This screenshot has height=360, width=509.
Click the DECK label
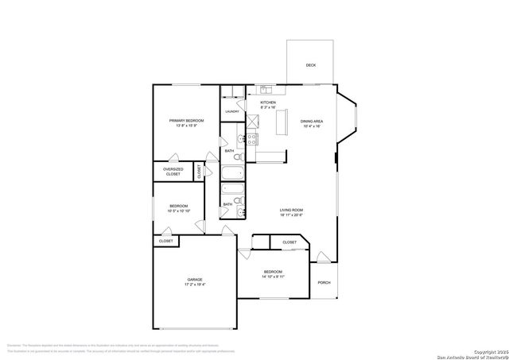point(310,64)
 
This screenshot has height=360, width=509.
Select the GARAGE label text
point(195,279)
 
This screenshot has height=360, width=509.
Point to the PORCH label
point(324,282)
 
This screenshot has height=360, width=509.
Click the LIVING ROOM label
point(291,210)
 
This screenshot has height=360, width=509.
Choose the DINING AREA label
point(311,121)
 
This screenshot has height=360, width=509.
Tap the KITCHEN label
point(268,103)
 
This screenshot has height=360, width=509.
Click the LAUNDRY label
point(232,112)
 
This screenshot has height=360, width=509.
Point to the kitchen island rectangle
point(281,123)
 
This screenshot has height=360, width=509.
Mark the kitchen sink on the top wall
point(265,90)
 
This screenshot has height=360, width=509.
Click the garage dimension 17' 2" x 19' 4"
point(195,285)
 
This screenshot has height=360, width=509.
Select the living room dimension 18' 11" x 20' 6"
point(291,215)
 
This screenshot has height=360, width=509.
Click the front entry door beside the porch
point(322,257)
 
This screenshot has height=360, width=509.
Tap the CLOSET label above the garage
point(166,241)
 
